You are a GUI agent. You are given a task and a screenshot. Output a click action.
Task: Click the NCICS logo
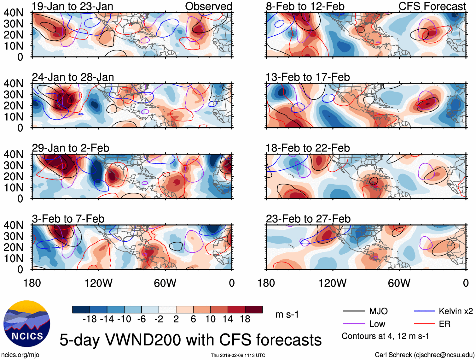pyautogui.click(x=26, y=323)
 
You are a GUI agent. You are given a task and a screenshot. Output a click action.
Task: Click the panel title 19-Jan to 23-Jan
pyautogui.click(x=73, y=6)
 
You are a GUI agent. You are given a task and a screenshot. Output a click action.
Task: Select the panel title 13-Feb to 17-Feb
pyautogui.click(x=308, y=77)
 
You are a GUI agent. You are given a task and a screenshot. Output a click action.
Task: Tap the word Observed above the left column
pyautogui.click(x=208, y=6)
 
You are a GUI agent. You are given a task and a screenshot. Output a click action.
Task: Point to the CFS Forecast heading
pyautogui.click(x=432, y=6)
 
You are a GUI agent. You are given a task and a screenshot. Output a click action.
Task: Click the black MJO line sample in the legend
pyautogui.click(x=354, y=311)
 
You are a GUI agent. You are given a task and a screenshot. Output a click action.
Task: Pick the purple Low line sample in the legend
pyautogui.click(x=354, y=324)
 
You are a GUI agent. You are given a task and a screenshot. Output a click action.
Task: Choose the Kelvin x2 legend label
pyautogui.click(x=456, y=311)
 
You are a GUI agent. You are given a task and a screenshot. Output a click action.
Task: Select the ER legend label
pyautogui.click(x=444, y=324)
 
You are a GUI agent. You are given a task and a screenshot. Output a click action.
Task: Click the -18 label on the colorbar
pyautogui.click(x=90, y=319)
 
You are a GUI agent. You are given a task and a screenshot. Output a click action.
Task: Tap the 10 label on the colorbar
pyautogui.click(x=211, y=319)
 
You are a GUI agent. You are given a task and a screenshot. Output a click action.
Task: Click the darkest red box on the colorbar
pyautogui.click(x=254, y=310)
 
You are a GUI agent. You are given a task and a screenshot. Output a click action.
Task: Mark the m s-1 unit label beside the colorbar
pyautogui.click(x=287, y=315)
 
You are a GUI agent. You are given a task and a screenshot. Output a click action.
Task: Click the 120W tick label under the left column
pyautogui.click(x=98, y=283)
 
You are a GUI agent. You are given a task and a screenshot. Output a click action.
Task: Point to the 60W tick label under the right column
pyautogui.click(x=399, y=283)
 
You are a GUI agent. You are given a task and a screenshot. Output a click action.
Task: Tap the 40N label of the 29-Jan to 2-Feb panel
pyautogui.click(x=13, y=154)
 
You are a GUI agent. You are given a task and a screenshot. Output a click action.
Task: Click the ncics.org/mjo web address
pyautogui.click(x=20, y=355)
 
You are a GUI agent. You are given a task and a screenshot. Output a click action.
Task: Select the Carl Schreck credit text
pyautogui.click(x=424, y=355)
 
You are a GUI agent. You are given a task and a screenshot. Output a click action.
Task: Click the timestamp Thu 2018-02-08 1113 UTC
pyautogui.click(x=238, y=355)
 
